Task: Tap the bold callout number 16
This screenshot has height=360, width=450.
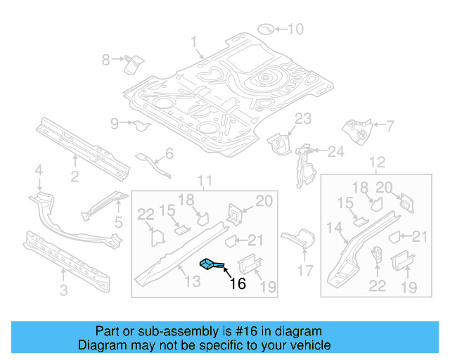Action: coord(238,283)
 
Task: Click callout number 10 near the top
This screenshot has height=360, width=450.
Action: coord(295,30)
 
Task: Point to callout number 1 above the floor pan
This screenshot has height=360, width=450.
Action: coord(194,42)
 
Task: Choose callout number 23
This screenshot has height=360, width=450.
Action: coord(302,118)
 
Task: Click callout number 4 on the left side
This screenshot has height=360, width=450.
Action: coord(39,169)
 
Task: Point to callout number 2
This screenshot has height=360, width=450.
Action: coord(75,176)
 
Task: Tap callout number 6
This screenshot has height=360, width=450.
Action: coord(168,154)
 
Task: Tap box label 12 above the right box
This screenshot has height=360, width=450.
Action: coord(378,164)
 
